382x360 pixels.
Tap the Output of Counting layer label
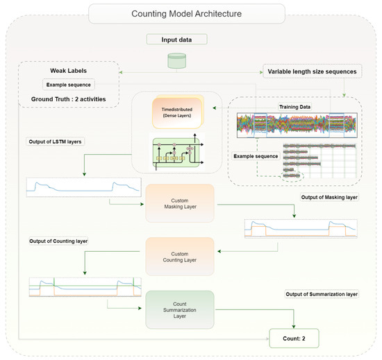pos(63,240)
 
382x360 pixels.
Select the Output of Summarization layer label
pos(321,294)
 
